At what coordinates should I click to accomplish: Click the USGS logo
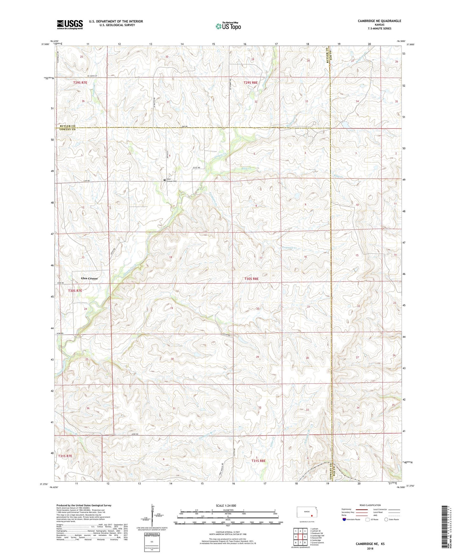tap(70, 24)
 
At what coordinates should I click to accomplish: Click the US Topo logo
tap(228, 26)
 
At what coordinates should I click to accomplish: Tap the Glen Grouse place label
tap(89, 278)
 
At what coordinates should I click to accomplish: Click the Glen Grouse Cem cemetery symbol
tap(165, 180)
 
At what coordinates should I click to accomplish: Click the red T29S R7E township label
tap(80, 83)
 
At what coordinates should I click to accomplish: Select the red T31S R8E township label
tap(258, 461)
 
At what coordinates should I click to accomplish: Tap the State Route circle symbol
tap(386, 519)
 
